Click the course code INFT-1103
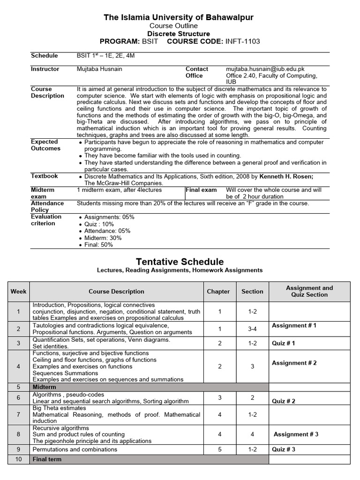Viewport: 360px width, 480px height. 242,41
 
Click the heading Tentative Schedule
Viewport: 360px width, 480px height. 180,262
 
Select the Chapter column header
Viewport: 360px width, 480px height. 218,292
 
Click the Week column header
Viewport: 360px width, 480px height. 18,292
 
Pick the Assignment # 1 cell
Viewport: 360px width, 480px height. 294,325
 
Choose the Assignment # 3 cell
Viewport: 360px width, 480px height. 296,435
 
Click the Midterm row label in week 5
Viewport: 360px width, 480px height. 44,387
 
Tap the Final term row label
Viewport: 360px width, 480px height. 47,459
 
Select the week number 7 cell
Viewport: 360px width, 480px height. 18,414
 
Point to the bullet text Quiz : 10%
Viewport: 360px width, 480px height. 100,224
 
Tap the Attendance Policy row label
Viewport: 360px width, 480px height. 47,207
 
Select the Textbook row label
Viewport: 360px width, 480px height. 45,176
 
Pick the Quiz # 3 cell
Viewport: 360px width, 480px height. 284,450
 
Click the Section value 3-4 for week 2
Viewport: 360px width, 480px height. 252,329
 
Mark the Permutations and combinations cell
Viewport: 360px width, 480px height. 75,450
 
